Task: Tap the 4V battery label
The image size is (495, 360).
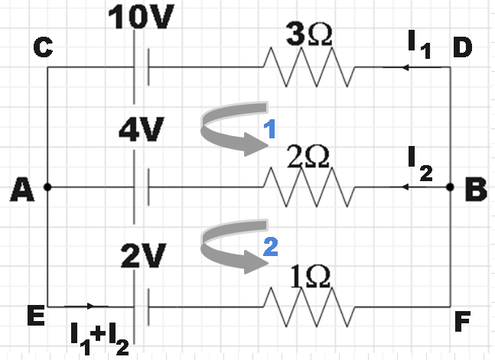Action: tap(141, 130)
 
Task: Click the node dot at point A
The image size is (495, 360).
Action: tap(47, 186)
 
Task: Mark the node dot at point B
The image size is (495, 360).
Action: tap(450, 186)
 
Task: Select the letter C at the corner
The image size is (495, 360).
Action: tap(43, 49)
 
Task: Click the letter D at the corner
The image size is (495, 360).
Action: tap(462, 49)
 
